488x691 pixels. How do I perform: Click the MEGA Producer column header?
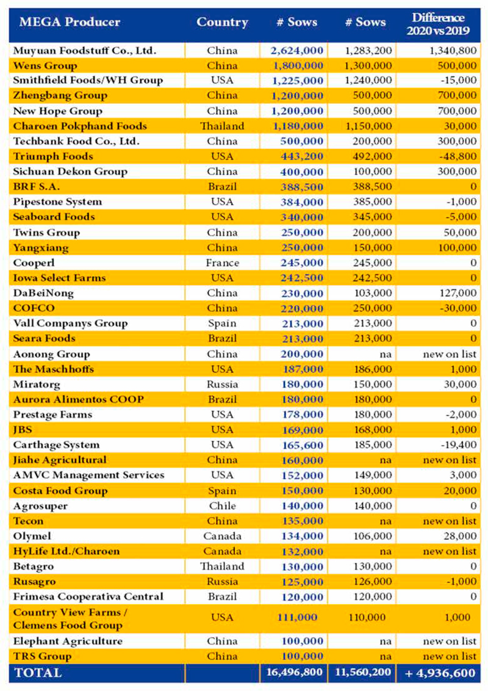click(70, 22)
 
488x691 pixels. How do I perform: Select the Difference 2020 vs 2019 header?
click(438, 24)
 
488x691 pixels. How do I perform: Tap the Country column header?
click(222, 22)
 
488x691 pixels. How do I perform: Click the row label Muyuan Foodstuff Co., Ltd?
click(85, 51)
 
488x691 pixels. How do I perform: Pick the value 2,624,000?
click(297, 51)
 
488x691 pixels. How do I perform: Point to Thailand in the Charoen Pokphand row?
click(222, 126)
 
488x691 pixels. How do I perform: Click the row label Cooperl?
click(34, 263)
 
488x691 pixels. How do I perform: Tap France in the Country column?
click(223, 263)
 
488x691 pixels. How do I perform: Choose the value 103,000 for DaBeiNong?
click(373, 293)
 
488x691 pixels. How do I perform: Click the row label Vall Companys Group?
click(71, 324)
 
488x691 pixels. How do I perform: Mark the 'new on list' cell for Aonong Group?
click(450, 354)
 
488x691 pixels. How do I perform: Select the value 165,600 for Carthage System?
click(303, 445)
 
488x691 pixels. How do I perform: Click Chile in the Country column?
click(223, 506)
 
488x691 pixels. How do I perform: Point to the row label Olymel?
click(32, 537)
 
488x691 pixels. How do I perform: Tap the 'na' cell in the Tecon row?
click(386, 521)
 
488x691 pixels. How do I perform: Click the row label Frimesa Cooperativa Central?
click(88, 597)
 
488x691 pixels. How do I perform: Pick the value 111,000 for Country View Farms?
click(297, 617)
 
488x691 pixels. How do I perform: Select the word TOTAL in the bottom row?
click(38, 673)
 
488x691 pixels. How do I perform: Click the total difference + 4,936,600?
click(440, 673)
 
